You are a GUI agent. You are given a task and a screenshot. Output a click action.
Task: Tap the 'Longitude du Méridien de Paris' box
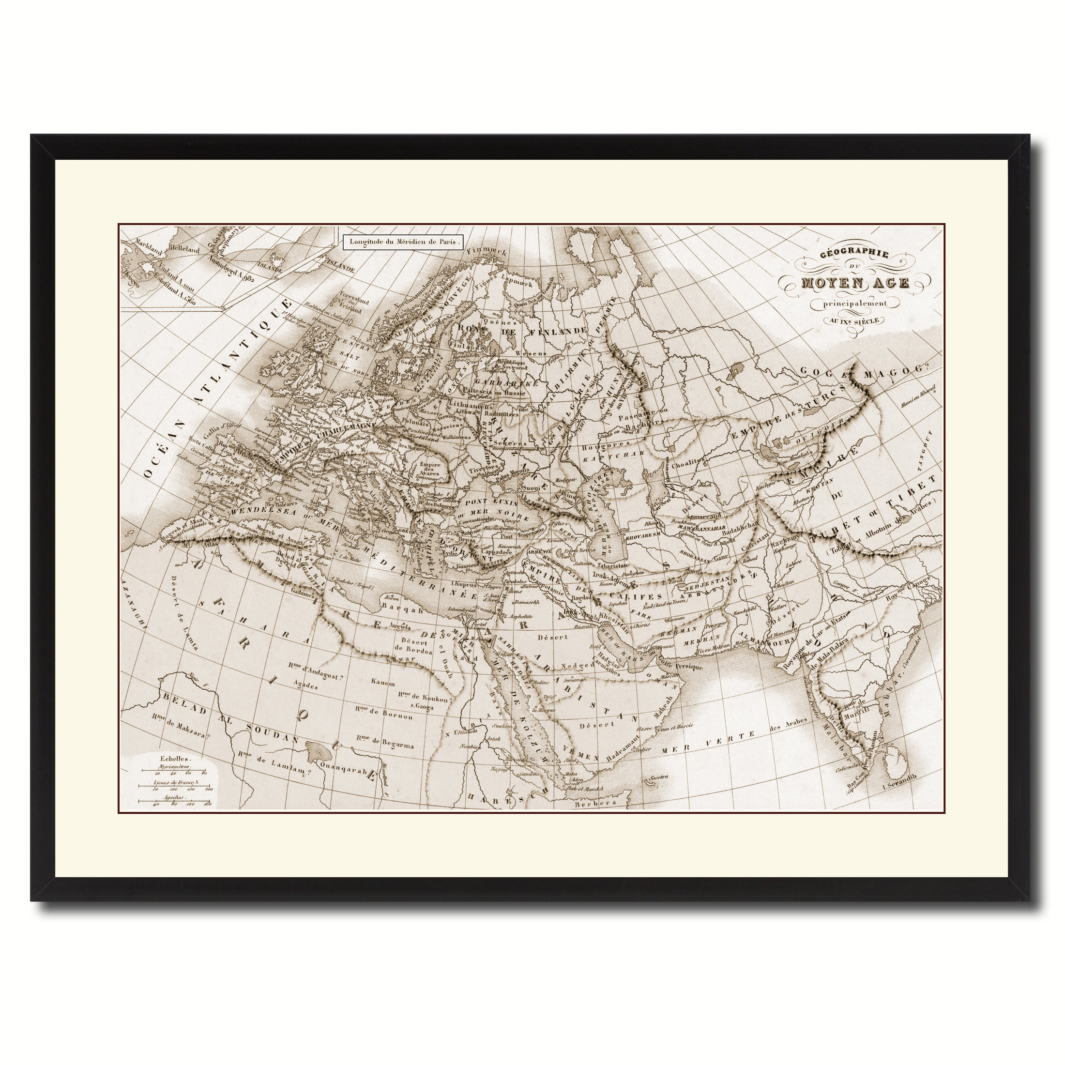403,242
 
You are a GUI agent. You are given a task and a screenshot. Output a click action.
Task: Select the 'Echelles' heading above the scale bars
172,758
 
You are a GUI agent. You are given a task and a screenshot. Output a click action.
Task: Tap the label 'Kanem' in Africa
383,683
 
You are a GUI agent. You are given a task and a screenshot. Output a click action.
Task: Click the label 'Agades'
306,686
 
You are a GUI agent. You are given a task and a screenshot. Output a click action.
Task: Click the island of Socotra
659,777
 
